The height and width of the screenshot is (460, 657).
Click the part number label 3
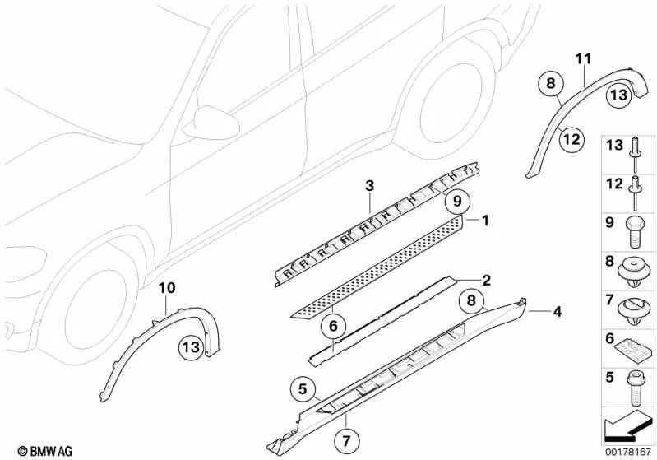(x=369, y=187)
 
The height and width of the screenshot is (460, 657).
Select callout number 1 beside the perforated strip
(x=485, y=221)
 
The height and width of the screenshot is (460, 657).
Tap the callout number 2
(x=486, y=280)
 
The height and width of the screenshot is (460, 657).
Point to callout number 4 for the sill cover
(x=557, y=312)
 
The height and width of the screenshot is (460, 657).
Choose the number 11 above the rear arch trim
(x=583, y=58)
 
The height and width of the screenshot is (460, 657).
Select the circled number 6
(x=334, y=327)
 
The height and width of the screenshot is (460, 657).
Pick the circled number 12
(x=570, y=140)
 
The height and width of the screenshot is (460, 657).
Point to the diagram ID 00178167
(x=627, y=450)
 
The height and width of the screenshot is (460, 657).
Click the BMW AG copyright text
(x=30, y=451)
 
